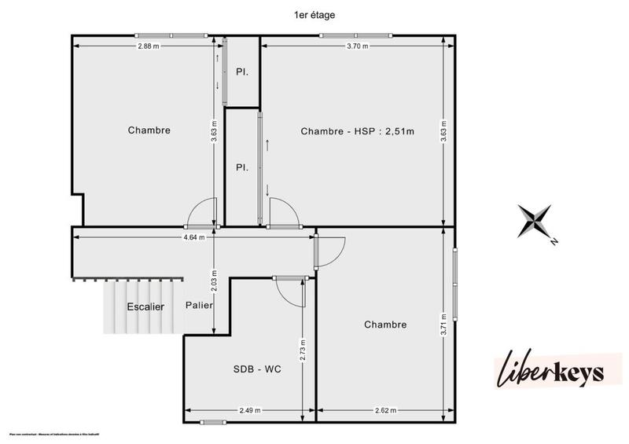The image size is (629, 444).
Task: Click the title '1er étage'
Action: coord(314,14)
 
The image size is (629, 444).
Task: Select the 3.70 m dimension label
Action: coord(358,46)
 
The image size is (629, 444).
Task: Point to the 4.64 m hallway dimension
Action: coord(193,237)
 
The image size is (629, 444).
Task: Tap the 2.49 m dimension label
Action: coord(250,410)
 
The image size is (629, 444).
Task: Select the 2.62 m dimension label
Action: coord(386,410)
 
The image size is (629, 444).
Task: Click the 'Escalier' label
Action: coord(145,306)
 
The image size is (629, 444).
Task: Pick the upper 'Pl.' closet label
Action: coord(242,72)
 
